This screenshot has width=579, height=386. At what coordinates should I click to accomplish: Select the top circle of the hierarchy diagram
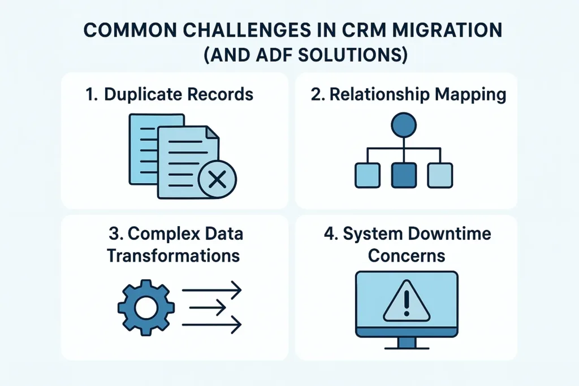point(403,125)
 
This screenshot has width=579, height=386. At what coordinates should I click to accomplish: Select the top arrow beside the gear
point(212,291)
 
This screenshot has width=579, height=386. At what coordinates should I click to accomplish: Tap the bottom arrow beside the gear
point(212,324)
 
